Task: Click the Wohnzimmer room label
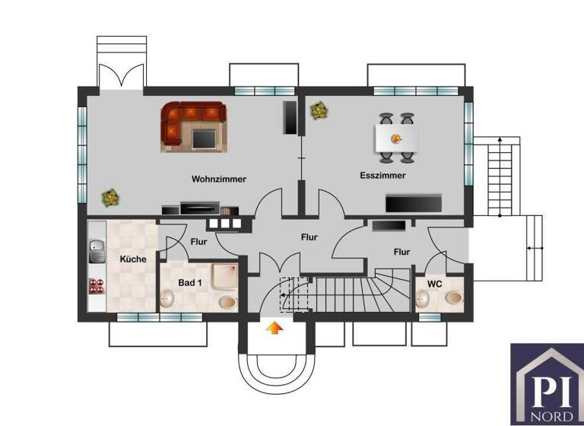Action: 219,180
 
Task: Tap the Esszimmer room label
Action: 382,175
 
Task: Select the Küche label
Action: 133,259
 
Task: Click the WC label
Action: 434,284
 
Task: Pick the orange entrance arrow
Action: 272,329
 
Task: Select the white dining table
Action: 397,138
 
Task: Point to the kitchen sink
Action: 97,249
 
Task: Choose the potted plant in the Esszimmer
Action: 319,111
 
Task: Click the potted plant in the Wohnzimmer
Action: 112,197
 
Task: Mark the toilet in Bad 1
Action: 227,302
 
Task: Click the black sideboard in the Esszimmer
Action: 414,203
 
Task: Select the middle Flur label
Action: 309,237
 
